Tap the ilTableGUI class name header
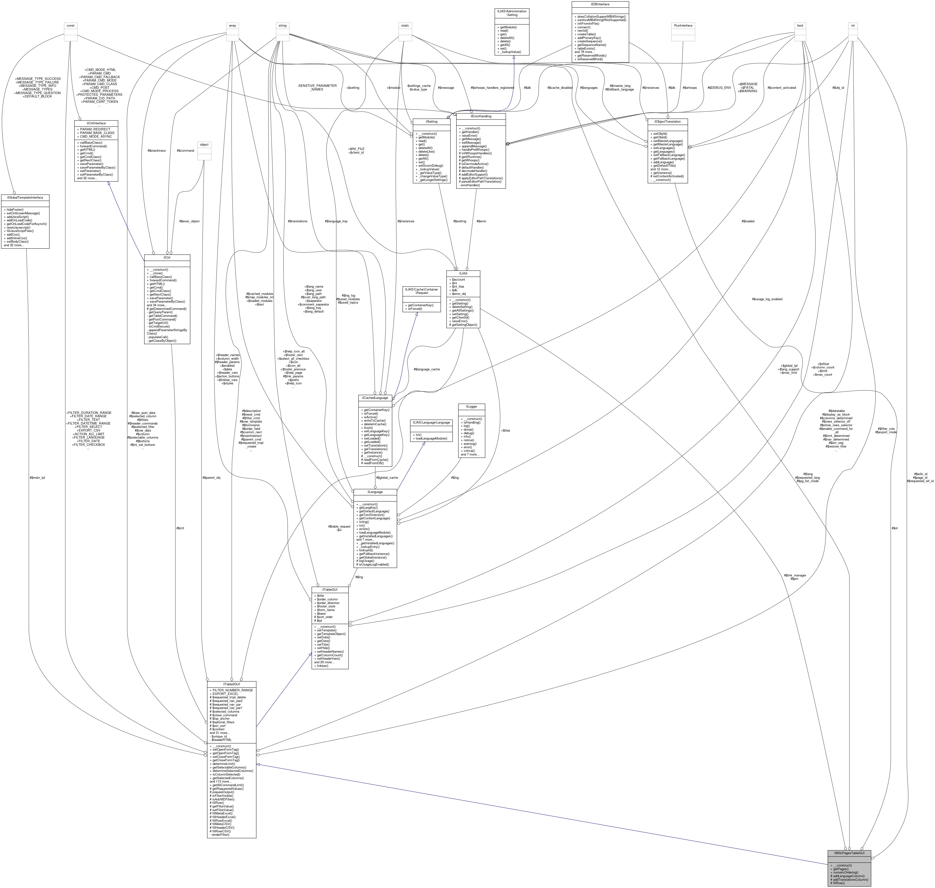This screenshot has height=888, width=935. pyautogui.click(x=330, y=590)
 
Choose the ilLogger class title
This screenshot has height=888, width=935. pyautogui.click(x=471, y=406)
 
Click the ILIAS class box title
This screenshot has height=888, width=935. pyautogui.click(x=463, y=273)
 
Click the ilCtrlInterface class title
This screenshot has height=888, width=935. pyautogui.click(x=96, y=123)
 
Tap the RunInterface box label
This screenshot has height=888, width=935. pyautogui.click(x=683, y=26)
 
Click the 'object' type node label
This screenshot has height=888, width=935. pyautogui.click(x=204, y=144)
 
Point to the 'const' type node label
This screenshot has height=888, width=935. pyautogui.click(x=71, y=26)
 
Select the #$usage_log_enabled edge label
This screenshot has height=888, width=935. pyautogui.click(x=767, y=299)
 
